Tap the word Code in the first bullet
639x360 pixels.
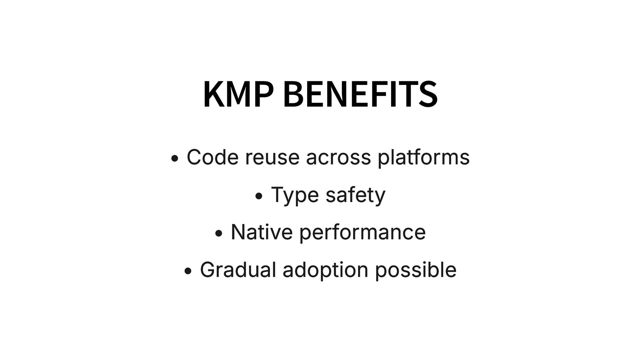[x=212, y=157]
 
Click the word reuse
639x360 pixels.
[x=272, y=158]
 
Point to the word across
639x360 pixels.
[x=338, y=158]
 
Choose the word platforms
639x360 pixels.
[x=423, y=158]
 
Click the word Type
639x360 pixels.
[x=295, y=195]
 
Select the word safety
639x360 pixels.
[x=355, y=195]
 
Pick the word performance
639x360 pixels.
[x=362, y=233]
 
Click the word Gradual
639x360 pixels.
[x=238, y=269]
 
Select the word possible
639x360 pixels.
[x=416, y=270]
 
